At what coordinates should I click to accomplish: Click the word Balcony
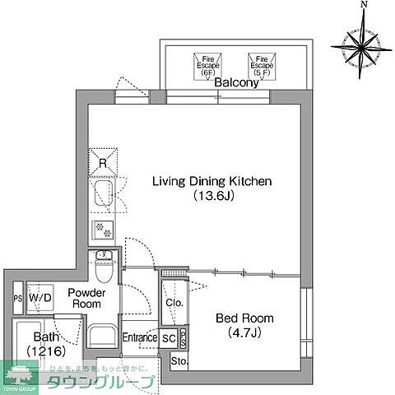click(234, 83)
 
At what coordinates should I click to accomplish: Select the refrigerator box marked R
click(103, 160)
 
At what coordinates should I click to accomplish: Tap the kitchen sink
click(104, 196)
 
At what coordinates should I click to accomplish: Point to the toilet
click(105, 266)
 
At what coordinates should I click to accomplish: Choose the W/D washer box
click(39, 298)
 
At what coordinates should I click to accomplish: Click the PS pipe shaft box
click(17, 298)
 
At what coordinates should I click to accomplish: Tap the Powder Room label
click(85, 298)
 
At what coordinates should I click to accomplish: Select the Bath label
click(44, 337)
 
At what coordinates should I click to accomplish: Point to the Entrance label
click(139, 337)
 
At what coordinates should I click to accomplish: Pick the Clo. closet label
click(174, 302)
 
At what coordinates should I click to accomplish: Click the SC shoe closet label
click(167, 337)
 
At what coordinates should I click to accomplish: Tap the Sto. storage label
click(179, 362)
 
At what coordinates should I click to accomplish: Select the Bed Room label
click(244, 318)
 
